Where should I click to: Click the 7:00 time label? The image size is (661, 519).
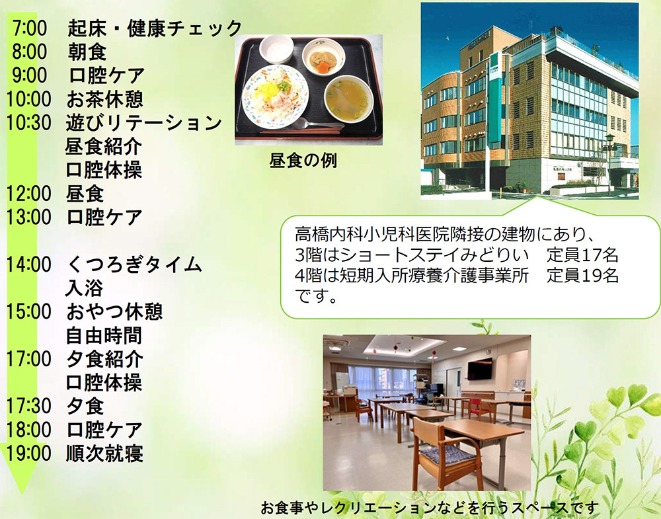point(30,28)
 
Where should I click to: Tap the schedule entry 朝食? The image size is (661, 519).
point(87,52)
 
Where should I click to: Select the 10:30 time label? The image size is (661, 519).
point(28,123)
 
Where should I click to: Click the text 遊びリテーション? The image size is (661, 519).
point(143,123)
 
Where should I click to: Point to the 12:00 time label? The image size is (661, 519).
point(28,194)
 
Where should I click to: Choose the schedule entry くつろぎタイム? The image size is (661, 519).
point(134,264)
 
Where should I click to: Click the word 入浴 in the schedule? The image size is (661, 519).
point(85,288)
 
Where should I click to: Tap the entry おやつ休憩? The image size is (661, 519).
point(114,312)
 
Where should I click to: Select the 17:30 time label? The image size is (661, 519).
point(28,407)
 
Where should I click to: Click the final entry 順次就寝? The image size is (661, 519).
point(104,454)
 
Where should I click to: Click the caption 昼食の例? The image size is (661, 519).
point(303,161)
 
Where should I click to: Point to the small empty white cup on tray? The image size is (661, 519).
point(276,49)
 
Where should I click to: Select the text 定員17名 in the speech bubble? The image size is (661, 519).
point(582,255)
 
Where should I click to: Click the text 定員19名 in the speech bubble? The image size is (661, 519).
point(582,275)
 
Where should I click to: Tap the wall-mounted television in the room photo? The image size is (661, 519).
point(479,369)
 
